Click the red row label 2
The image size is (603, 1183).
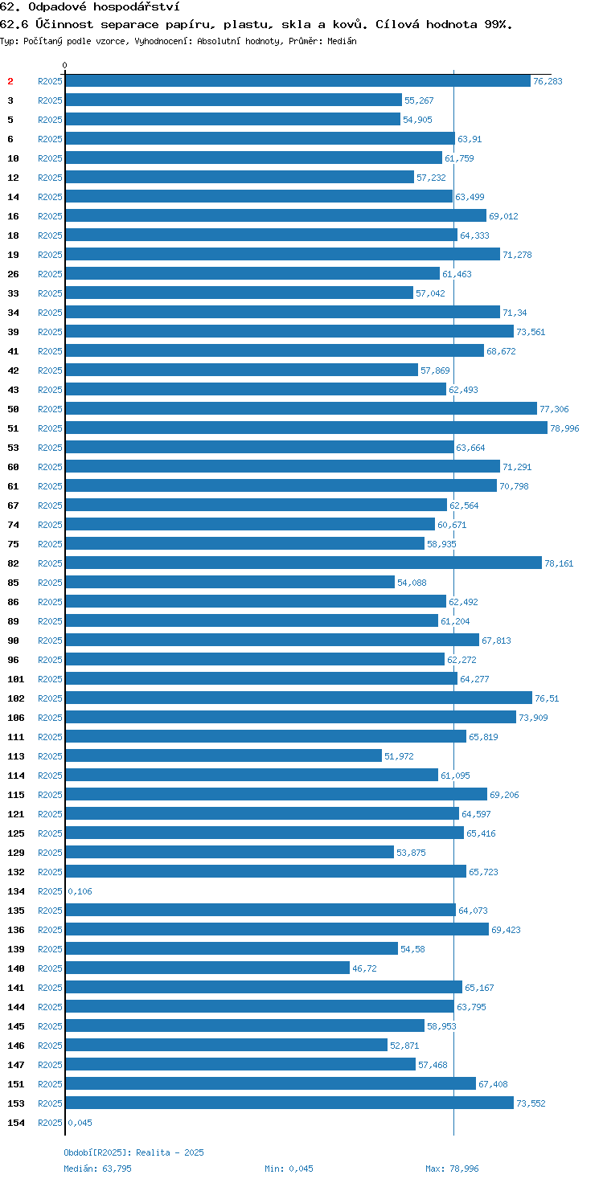tap(10, 81)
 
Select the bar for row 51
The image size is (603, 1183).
tap(306, 428)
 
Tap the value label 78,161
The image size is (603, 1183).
tap(559, 563)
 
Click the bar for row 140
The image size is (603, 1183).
tap(207, 968)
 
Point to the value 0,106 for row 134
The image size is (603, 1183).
tap(80, 891)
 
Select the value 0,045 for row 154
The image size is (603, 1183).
tap(80, 1123)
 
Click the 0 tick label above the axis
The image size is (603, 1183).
tap(64, 65)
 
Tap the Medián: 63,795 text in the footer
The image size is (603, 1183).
tap(98, 1169)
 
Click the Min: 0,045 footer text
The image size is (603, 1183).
tap(289, 1169)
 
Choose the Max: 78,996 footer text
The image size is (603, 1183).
tap(452, 1169)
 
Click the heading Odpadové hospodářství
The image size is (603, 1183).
tap(104, 7)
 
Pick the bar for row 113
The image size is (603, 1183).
tap(223, 755)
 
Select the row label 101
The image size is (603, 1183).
tap(16, 679)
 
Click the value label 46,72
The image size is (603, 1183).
tap(365, 968)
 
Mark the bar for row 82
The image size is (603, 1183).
tap(303, 563)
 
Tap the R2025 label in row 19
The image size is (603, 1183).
tap(50, 255)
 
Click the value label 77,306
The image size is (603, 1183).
tap(554, 409)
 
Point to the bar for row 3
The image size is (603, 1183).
tap(233, 100)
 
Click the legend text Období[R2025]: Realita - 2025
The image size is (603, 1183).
tap(133, 1152)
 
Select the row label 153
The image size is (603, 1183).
tap(16, 1103)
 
